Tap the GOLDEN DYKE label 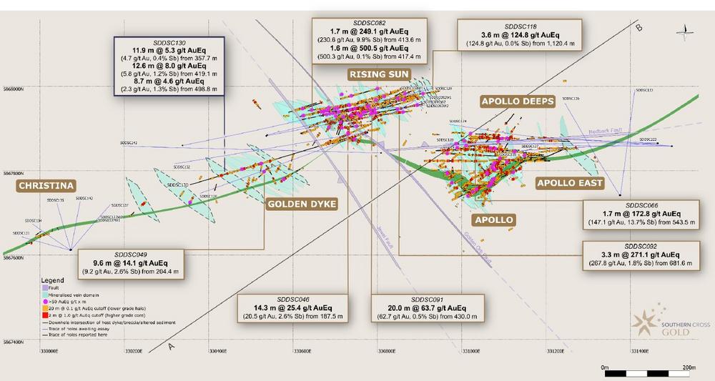tap(302, 204)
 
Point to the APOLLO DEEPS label tap(518, 102)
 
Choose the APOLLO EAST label tap(570, 184)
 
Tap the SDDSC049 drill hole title tap(130, 254)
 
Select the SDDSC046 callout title tap(293, 298)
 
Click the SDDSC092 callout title tap(642, 246)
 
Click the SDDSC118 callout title tap(518, 24)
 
